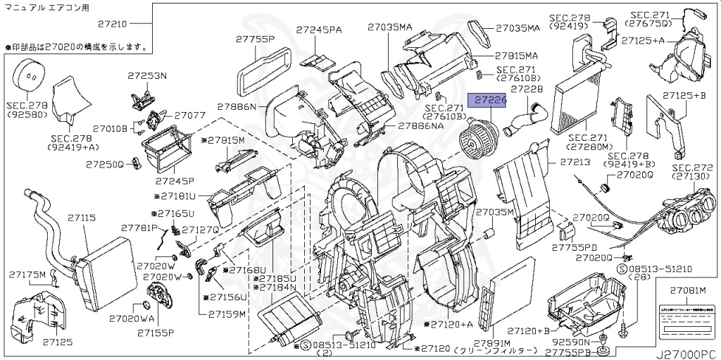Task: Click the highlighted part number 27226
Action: pyautogui.click(x=489, y=101)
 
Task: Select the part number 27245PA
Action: pyautogui.click(x=319, y=30)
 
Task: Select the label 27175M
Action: pyautogui.click(x=27, y=274)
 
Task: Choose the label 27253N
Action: pyautogui.click(x=147, y=75)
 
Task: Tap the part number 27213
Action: pyautogui.click(x=575, y=162)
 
